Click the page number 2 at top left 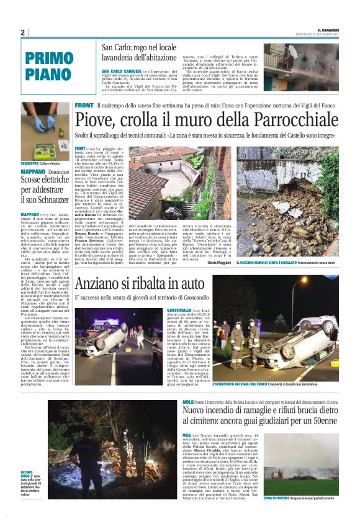22,33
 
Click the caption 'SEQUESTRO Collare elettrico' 43,163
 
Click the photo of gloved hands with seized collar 45,130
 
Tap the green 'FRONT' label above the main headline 84,106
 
